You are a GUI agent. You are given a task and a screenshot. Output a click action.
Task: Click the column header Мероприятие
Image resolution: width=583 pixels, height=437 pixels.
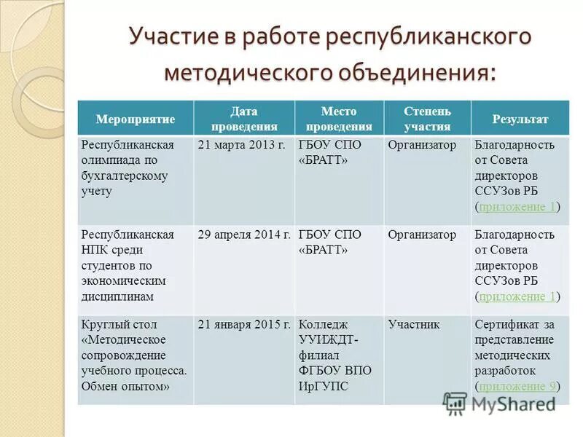136,119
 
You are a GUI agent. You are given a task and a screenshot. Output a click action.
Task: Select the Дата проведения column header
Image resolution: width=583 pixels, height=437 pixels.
244,119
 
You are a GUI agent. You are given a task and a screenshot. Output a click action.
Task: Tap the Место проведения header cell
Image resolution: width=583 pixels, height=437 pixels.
339,119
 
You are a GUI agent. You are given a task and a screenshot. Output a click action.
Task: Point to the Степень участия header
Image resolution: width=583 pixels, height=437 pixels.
428,119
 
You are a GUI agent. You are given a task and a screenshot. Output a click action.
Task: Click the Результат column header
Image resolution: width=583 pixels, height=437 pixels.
520,119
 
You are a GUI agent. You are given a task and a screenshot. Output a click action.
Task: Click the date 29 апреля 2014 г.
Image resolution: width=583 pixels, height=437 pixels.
244,235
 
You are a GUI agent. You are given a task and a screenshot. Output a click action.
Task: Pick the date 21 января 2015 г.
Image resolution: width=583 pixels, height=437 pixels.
244,324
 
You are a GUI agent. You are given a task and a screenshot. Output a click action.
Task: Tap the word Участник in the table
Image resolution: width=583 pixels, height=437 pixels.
414,324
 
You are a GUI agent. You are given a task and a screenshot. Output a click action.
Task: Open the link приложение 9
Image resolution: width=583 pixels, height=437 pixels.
518,386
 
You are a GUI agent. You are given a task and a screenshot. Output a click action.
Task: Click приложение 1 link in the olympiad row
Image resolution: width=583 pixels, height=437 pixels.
518,207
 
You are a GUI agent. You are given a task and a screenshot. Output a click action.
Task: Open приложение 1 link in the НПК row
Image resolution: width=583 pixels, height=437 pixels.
518,296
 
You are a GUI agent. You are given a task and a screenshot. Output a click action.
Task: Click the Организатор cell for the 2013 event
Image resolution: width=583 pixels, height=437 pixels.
422,145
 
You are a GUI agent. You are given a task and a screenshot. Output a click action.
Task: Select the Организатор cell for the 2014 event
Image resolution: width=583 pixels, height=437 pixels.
422,235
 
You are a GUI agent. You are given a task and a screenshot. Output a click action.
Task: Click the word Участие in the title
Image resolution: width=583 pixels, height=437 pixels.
172,36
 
